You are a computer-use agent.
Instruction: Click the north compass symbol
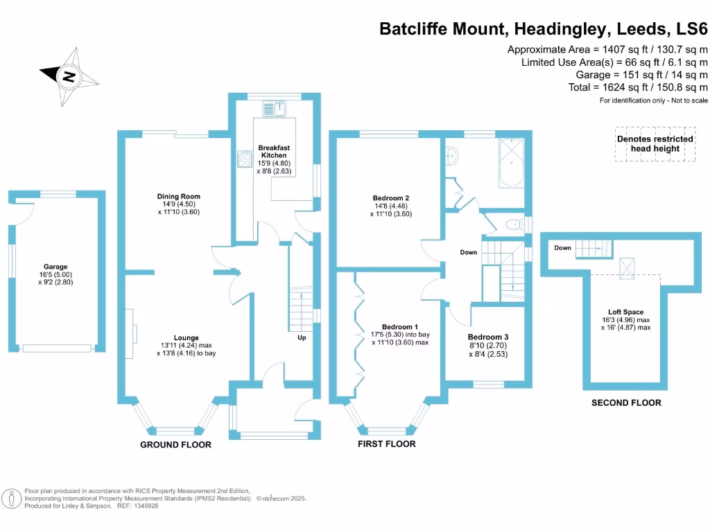(67, 76)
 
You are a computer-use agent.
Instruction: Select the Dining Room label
(178, 197)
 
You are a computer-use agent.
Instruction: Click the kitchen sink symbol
(275, 108)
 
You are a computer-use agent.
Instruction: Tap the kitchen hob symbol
(244, 159)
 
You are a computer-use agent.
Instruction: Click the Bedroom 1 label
(400, 327)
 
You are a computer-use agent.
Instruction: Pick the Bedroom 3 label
(483, 337)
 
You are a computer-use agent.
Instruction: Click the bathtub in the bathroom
(512, 163)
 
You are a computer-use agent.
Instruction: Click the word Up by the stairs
(302, 338)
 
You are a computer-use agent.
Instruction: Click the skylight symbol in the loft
(626, 266)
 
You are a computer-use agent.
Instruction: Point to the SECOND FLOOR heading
(626, 402)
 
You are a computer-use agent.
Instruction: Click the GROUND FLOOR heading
(175, 445)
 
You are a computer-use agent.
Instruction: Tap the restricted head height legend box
(655, 143)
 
